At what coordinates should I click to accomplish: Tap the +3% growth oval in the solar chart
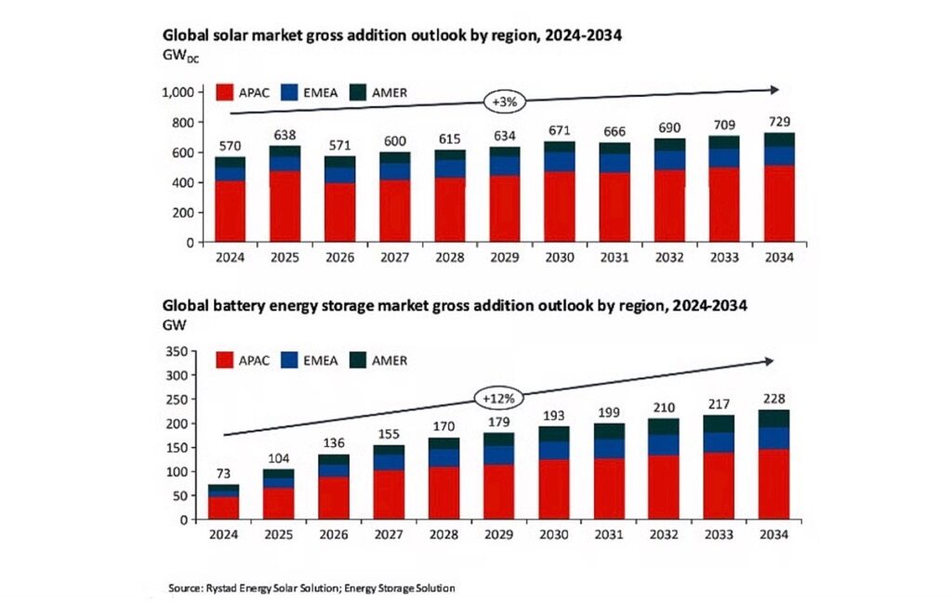pos(503,100)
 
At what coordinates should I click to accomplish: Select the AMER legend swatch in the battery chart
pos(361,360)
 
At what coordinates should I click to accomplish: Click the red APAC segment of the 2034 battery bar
pos(774,484)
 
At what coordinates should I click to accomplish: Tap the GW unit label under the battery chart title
pos(174,324)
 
